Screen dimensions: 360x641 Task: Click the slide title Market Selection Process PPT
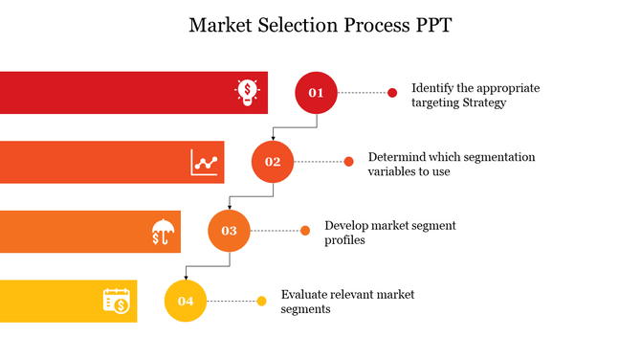[x=320, y=26]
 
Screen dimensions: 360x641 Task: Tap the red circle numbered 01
[x=316, y=93]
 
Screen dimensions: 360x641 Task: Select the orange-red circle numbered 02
[x=273, y=162]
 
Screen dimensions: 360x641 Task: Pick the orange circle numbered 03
[x=229, y=231]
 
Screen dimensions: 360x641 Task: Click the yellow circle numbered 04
[x=186, y=302]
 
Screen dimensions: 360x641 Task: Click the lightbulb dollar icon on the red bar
[x=248, y=92]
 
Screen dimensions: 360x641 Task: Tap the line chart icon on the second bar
[x=205, y=162]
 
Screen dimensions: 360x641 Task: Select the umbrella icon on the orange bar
[x=162, y=231]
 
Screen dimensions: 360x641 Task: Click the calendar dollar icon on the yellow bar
[x=117, y=301]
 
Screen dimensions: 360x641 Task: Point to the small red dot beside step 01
[x=392, y=93]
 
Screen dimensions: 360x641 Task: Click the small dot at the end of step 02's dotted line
[x=348, y=162]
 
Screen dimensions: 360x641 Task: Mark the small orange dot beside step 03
[x=305, y=231]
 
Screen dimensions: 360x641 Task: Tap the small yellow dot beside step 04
[x=261, y=302]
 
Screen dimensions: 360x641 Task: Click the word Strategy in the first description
[x=481, y=102]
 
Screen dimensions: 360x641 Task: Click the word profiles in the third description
[x=344, y=240]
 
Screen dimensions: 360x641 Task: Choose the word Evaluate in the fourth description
[x=305, y=294]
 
